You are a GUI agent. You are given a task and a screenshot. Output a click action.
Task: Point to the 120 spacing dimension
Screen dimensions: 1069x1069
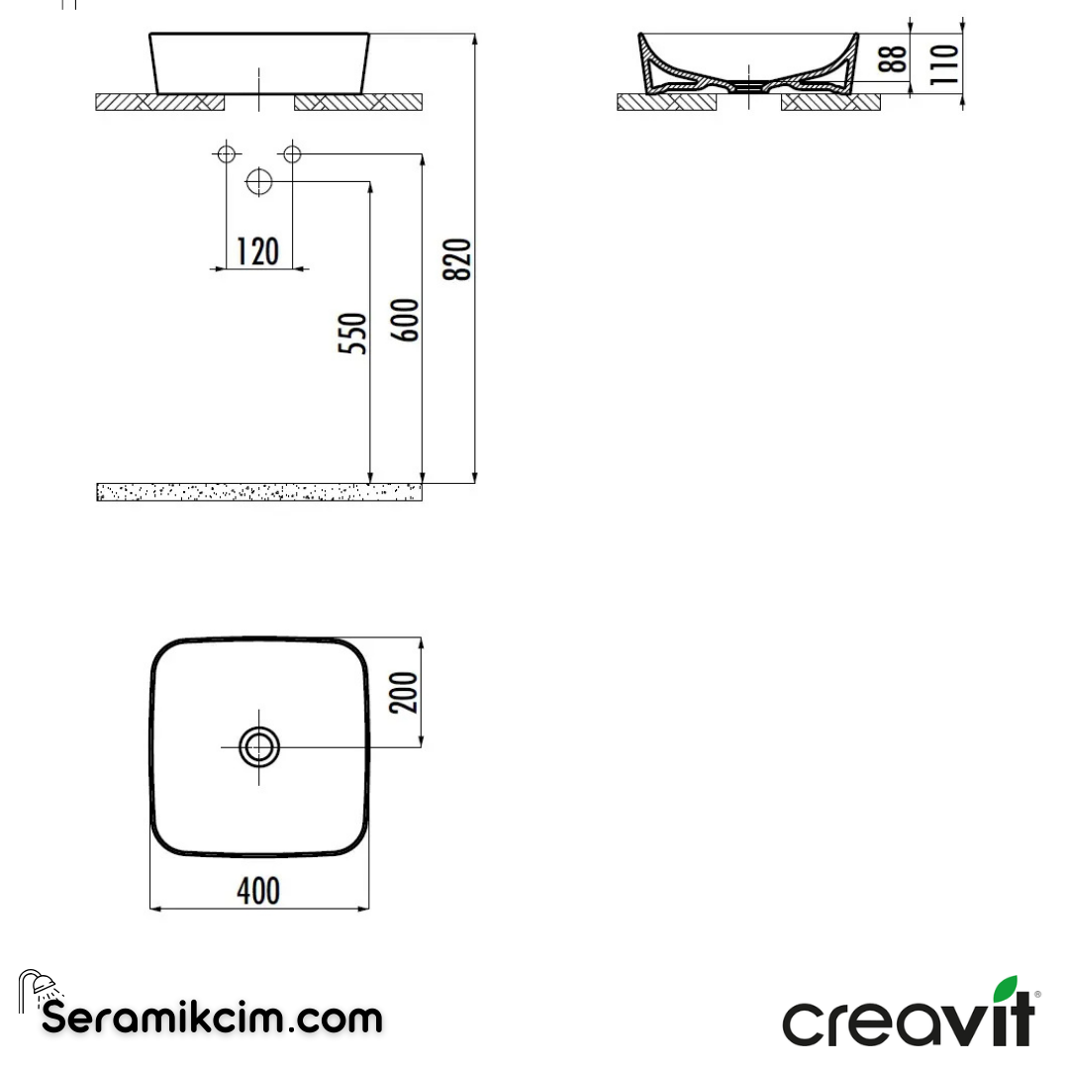click(x=258, y=251)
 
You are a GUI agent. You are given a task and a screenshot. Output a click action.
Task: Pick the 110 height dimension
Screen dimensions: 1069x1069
click(x=945, y=61)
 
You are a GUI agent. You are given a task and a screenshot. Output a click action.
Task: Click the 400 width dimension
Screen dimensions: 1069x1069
click(x=258, y=891)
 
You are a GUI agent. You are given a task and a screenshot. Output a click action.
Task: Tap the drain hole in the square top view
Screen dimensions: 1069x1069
click(x=259, y=747)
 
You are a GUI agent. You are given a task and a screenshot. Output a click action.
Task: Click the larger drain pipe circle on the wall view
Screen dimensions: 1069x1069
click(x=258, y=182)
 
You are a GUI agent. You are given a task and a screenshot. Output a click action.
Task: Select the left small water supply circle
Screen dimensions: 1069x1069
click(x=226, y=153)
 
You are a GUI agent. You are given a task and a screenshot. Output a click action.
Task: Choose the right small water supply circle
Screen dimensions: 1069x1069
click(x=292, y=153)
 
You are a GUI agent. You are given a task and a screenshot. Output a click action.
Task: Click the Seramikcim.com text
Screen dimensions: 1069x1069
click(x=212, y=1018)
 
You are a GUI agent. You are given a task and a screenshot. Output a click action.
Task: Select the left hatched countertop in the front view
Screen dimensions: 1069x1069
click(x=159, y=102)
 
